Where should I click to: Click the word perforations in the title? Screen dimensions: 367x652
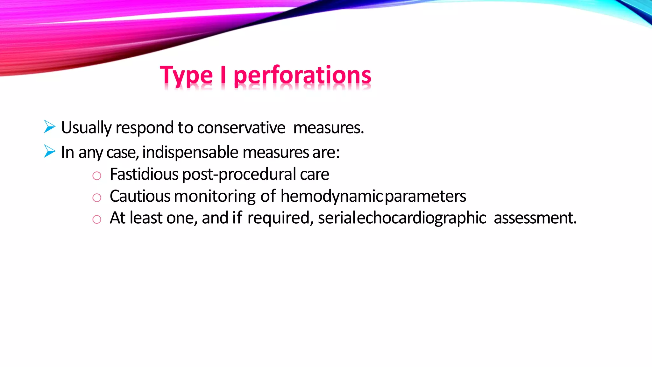point(302,76)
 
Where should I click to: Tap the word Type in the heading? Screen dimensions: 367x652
point(186,76)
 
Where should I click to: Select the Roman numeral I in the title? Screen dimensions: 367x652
point(223,75)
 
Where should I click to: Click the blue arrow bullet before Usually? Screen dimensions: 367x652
point(50,126)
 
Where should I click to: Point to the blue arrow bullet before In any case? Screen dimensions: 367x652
point(50,151)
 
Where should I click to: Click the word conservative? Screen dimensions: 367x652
point(241,128)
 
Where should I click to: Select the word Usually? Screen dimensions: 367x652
point(86,128)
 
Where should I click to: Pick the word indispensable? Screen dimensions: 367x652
point(190,152)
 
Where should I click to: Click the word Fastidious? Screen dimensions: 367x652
point(144,174)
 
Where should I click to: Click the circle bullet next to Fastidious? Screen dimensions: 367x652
point(97,176)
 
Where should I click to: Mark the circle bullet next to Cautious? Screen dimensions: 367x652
point(97,198)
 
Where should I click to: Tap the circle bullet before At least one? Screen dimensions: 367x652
point(97,219)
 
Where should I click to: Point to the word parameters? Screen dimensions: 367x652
point(425,197)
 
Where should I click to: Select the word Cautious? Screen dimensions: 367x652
point(140,196)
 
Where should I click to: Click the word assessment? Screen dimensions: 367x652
point(535,218)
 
